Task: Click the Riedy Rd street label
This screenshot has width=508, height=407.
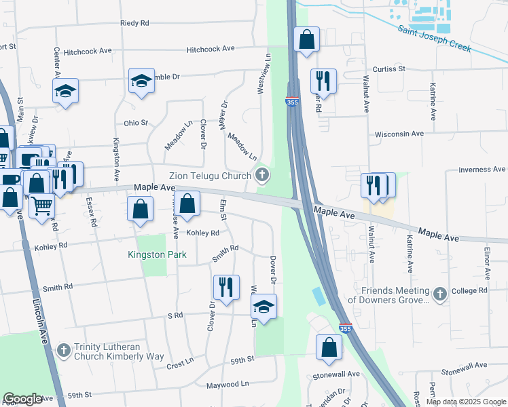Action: (134, 23)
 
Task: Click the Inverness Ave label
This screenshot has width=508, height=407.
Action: (482, 169)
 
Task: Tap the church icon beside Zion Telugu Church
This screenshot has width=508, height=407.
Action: (261, 176)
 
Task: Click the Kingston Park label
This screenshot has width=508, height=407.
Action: (151, 255)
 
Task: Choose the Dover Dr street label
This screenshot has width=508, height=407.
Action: (274, 269)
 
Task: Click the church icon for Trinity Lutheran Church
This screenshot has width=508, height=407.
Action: (63, 351)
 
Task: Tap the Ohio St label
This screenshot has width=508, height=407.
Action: (136, 123)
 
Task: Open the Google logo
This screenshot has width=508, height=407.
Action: (22, 399)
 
